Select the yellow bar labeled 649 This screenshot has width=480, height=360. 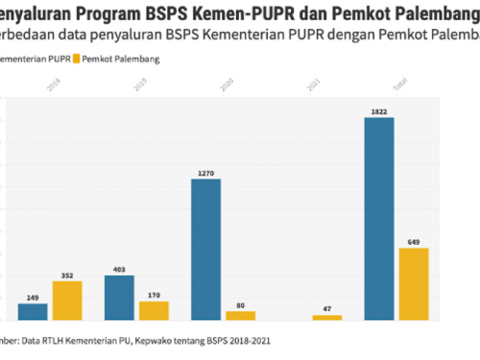(413, 283)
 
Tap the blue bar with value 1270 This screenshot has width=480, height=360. (205, 249)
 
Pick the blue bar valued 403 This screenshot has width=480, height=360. (119, 297)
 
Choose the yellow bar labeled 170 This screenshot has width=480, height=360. (154, 310)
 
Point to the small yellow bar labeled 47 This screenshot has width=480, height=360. (327, 317)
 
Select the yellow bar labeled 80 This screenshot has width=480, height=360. (240, 315)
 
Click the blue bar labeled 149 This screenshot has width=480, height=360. (33, 311)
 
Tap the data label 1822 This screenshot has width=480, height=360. (379, 111)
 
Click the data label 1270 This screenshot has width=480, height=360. (205, 173)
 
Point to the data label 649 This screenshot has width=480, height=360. (414, 242)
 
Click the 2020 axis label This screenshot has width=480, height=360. (226, 86)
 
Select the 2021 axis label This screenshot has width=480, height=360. (312, 86)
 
